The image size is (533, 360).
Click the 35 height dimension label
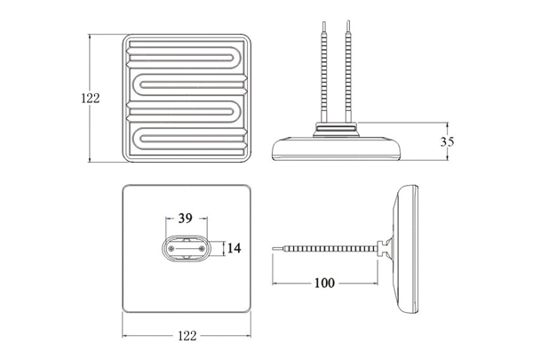(x=447, y=141)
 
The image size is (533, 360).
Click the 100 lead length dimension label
(x=324, y=283)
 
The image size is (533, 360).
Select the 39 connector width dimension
(x=186, y=218)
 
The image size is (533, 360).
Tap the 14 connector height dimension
(x=234, y=248)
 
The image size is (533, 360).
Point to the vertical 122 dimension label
(x=91, y=98)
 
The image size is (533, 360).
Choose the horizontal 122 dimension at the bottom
(x=187, y=336)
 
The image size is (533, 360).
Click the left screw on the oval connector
(x=171, y=249)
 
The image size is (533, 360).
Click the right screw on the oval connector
(x=202, y=249)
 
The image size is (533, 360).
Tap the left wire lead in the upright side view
(x=324, y=72)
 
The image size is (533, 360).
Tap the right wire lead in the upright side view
(x=347, y=71)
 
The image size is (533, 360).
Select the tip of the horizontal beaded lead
(x=274, y=249)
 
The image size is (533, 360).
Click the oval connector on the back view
(x=187, y=249)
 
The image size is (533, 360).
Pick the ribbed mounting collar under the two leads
(x=336, y=129)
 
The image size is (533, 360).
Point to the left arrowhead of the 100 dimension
(x=274, y=283)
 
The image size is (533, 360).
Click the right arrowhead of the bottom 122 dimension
(x=249, y=336)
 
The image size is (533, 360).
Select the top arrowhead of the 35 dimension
(x=447, y=124)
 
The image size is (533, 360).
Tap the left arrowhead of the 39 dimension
(x=168, y=218)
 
